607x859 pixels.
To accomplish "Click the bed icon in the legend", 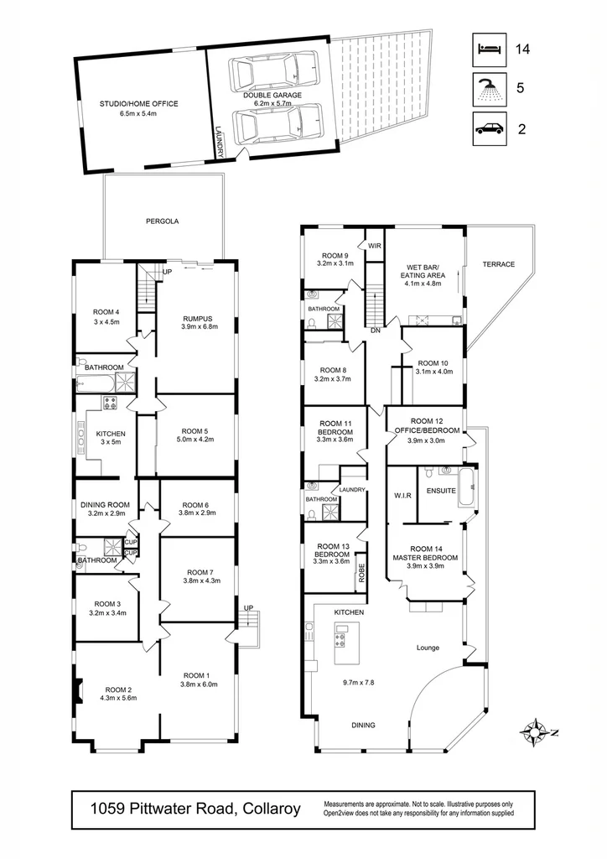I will (x=489, y=49).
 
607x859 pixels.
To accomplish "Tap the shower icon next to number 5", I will (x=489, y=87).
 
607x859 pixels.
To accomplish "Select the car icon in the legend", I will (x=489, y=128).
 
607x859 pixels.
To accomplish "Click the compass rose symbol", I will (x=533, y=731).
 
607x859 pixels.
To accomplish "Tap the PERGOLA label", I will (x=163, y=221).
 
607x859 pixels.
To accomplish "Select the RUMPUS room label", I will (x=199, y=322).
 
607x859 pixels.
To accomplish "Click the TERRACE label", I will (x=498, y=264).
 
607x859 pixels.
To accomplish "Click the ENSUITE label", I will (x=441, y=490).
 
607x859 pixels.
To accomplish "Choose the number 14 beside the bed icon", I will (x=523, y=49).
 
